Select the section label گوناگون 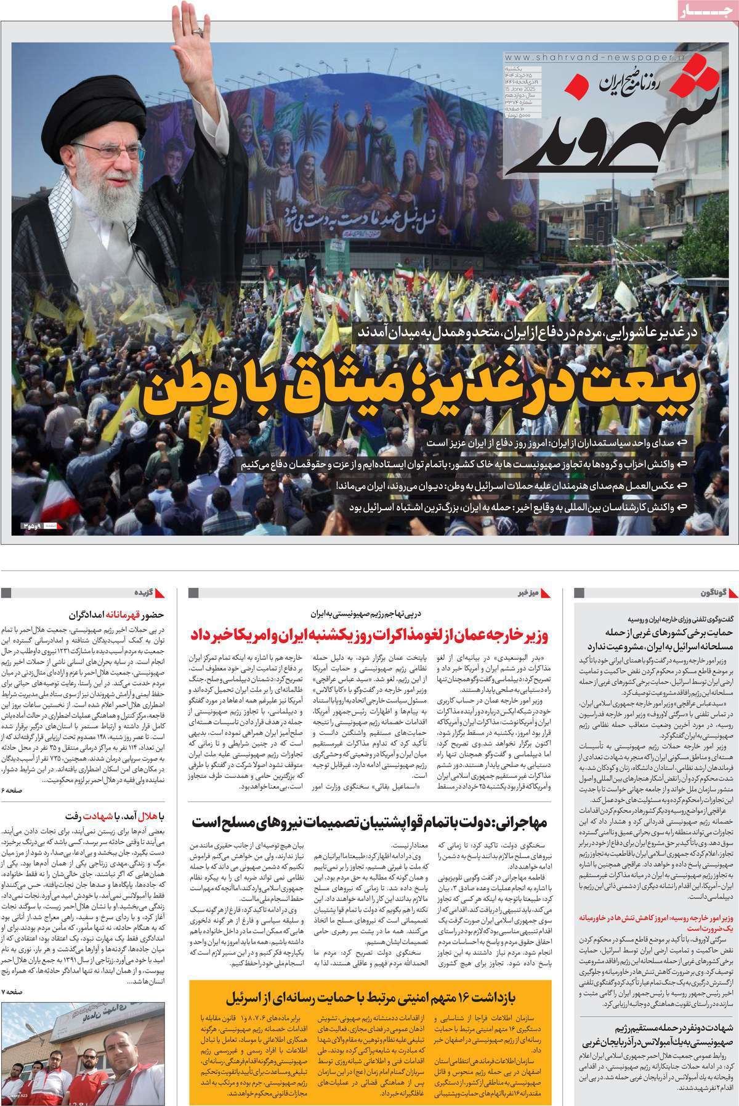(714, 593)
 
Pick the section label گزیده (142, 593)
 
